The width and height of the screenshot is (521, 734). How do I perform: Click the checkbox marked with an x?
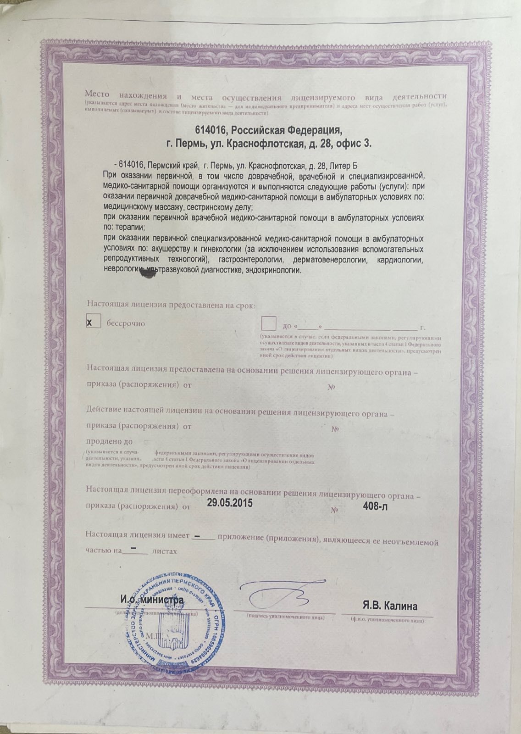(94, 322)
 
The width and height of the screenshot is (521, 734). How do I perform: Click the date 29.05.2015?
(230, 502)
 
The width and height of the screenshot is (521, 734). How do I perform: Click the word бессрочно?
(126, 323)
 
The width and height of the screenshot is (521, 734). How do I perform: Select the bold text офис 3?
(354, 145)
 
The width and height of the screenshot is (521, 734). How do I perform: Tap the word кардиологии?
(400, 260)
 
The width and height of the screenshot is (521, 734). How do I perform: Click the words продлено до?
(109, 441)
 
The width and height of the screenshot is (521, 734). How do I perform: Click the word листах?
(164, 551)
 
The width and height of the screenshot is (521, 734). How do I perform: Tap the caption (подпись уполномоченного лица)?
(286, 617)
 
